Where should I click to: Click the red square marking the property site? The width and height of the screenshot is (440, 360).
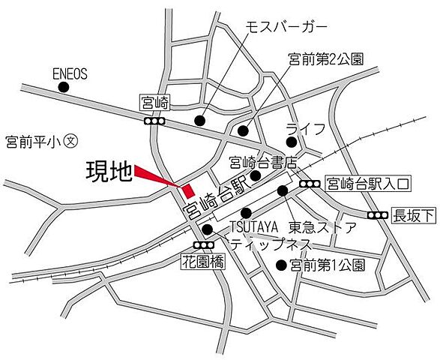click(x=188, y=190)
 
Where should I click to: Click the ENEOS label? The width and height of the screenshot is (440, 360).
click(x=70, y=73)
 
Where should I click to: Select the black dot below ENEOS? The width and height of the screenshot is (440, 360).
click(x=63, y=88)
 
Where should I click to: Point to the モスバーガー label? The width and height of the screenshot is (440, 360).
click(x=287, y=27)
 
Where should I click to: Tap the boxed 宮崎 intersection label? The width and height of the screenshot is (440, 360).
click(x=154, y=100)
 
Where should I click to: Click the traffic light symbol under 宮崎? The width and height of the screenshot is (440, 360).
click(x=155, y=120)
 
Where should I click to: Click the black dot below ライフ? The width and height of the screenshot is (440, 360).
click(x=291, y=142)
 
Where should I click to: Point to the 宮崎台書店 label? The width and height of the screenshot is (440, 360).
click(x=264, y=161)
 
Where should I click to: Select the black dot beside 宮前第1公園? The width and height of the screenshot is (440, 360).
click(x=281, y=265)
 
